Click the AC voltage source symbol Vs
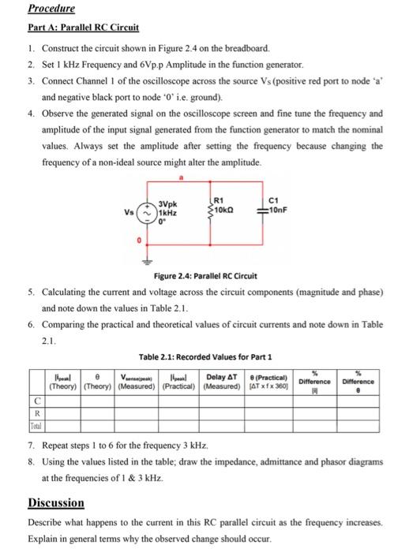(146, 212)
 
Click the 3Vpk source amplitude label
(167, 204)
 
